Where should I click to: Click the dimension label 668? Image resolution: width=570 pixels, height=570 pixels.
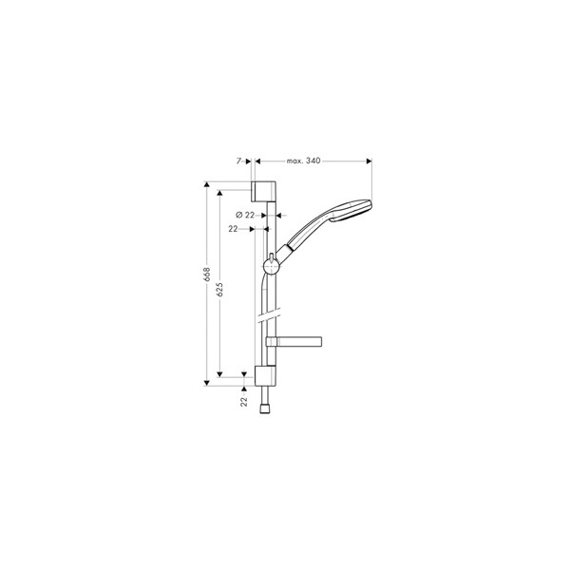pyautogui.click(x=207, y=275)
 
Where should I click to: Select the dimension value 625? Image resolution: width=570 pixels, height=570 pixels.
pyautogui.click(x=219, y=290)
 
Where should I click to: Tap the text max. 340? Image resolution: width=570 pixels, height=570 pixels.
pyautogui.click(x=304, y=161)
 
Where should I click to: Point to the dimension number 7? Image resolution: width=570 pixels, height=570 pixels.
pyautogui.click(x=238, y=161)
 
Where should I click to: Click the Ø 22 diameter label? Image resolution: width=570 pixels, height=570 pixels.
pyautogui.click(x=245, y=215)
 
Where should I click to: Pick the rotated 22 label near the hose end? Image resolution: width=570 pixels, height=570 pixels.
pyautogui.click(x=243, y=401)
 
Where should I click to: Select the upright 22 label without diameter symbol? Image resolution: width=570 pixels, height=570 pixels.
pyautogui.click(x=233, y=229)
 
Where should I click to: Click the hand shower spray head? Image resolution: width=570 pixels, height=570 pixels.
pyautogui.click(x=350, y=210)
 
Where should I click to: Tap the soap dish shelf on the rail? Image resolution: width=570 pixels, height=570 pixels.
pyautogui.click(x=294, y=341)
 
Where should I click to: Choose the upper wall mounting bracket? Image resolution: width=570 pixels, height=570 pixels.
pyautogui.click(x=264, y=191)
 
